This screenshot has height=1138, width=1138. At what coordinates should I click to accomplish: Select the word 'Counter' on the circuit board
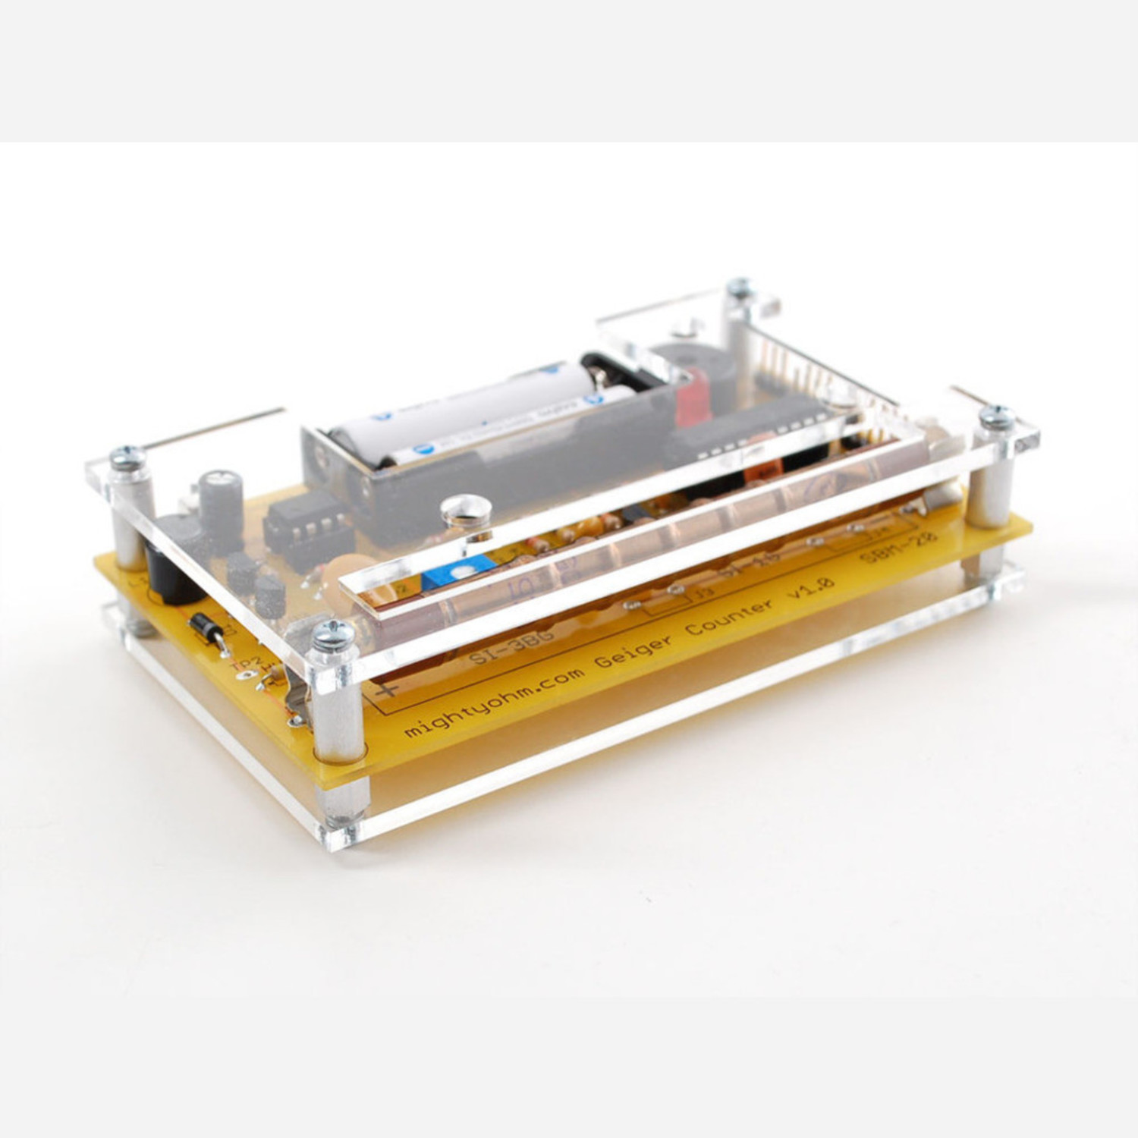coord(731,617)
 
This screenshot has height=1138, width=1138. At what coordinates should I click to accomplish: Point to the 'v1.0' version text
coord(810,586)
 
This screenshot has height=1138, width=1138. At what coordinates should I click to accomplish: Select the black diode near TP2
coord(205,628)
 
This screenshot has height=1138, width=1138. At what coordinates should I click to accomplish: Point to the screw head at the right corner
coord(996,417)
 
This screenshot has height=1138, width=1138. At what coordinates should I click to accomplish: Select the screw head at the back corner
coord(738,288)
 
